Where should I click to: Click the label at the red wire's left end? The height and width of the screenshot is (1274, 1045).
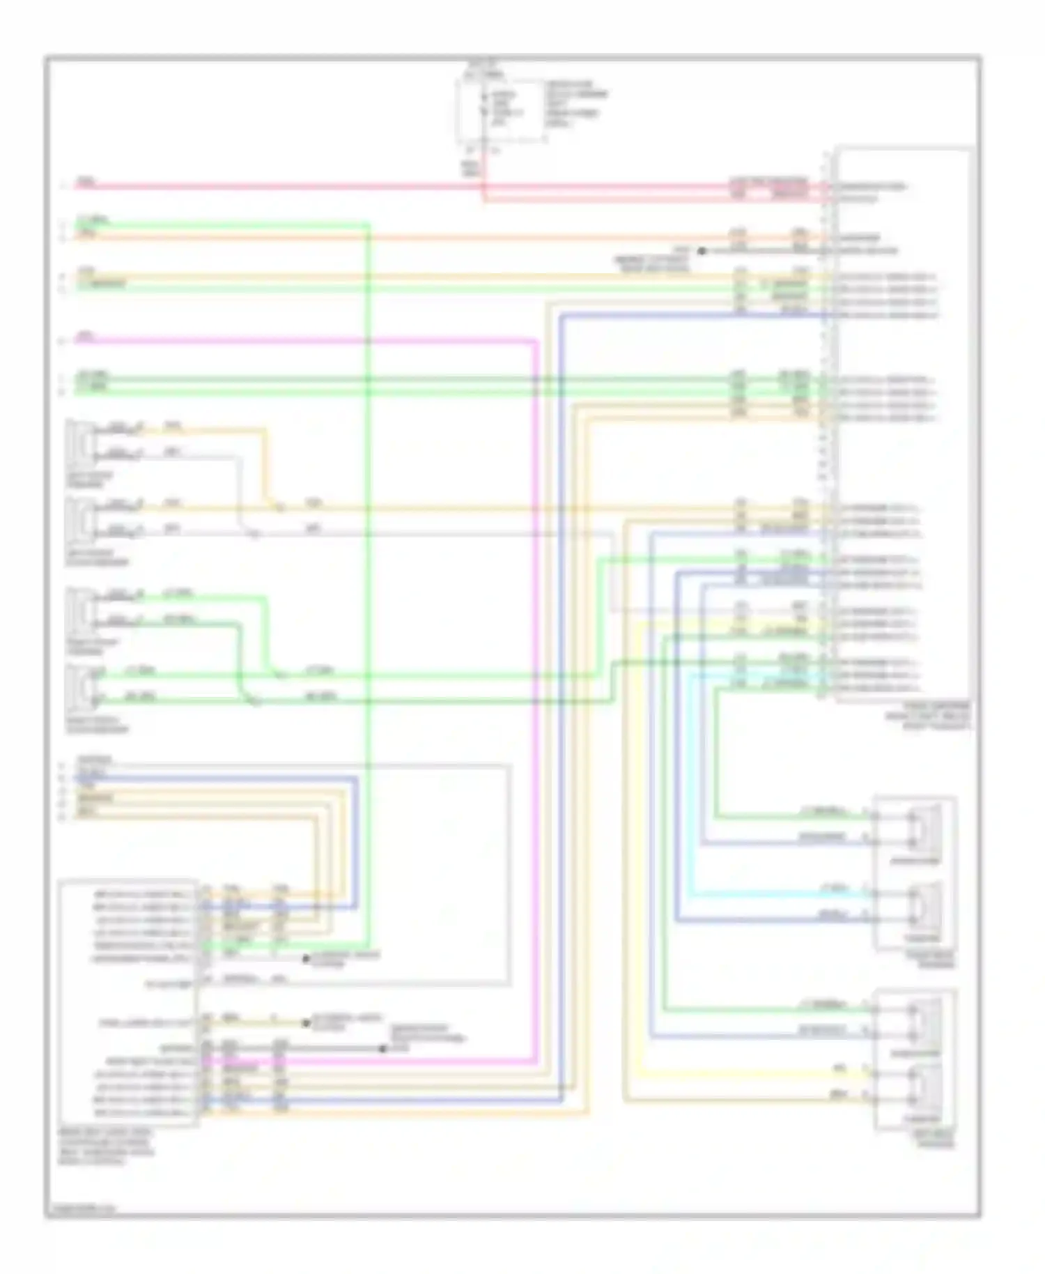pyautogui.click(x=84, y=183)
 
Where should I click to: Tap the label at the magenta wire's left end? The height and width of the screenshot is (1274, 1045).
pyautogui.click(x=84, y=337)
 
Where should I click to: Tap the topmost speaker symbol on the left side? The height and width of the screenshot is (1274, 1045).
pyautogui.click(x=81, y=443)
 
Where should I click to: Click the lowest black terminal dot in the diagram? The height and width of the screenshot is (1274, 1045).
pyautogui.click(x=382, y=1049)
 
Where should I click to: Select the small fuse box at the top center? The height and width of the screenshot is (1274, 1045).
pyautogui.click(x=500, y=112)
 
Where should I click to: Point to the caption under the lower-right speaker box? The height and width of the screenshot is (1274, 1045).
pyautogui.click(x=927, y=1140)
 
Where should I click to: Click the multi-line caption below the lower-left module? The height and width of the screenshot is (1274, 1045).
pyautogui.click(x=104, y=1147)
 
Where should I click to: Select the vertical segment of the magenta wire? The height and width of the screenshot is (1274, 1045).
pyautogui.click(x=535, y=697)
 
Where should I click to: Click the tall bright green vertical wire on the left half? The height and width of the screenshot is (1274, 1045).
pyautogui.click(x=368, y=558)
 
